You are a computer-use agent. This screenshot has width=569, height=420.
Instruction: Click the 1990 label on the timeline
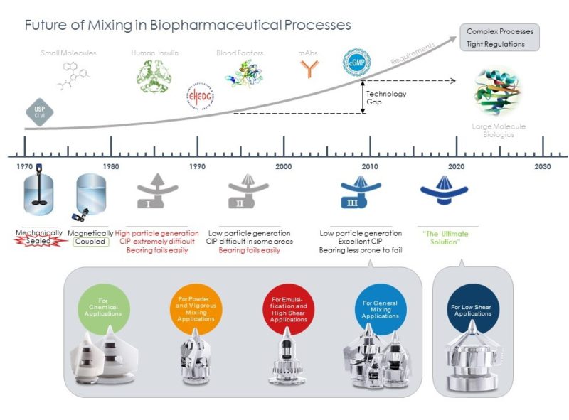pos(197,166)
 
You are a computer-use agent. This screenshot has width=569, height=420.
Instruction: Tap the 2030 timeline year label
pos(543,166)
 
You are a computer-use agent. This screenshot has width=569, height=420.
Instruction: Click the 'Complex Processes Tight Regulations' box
pos(499,38)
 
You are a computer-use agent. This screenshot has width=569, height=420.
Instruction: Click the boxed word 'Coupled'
pos(90,242)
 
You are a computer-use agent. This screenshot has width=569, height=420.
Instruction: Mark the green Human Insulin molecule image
pos(154,76)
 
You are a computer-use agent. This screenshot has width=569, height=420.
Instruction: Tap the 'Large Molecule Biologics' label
pos(498,130)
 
